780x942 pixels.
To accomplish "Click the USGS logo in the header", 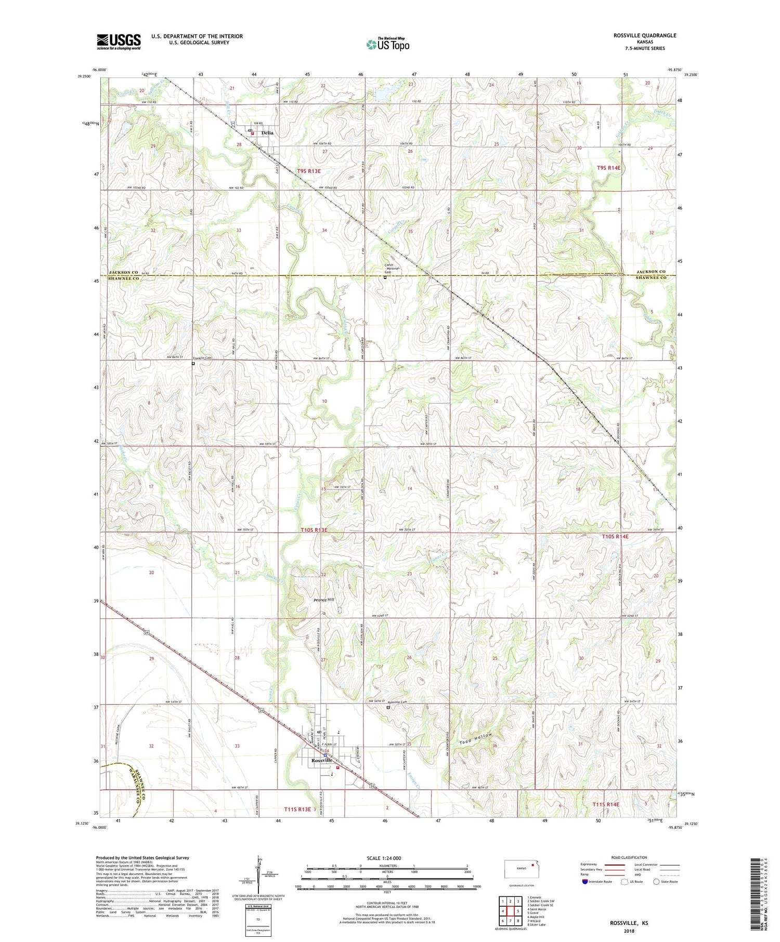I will (x=119, y=42).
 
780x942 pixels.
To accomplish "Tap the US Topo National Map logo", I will (x=388, y=45).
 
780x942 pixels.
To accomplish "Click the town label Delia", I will (x=267, y=133).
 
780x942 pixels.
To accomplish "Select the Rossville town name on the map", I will (x=321, y=760).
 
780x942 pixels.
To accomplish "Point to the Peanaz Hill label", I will (x=324, y=600).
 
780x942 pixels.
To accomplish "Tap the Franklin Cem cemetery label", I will (x=203, y=358).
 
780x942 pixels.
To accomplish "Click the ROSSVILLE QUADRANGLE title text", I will (x=645, y=35).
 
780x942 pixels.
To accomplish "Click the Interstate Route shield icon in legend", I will (x=585, y=882).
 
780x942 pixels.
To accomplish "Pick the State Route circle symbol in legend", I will (x=656, y=882).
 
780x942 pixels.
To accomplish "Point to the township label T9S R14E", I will (x=609, y=168).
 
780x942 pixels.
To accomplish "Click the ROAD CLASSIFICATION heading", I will (x=629, y=857).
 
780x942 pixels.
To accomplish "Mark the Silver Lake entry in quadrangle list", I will (x=537, y=925).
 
